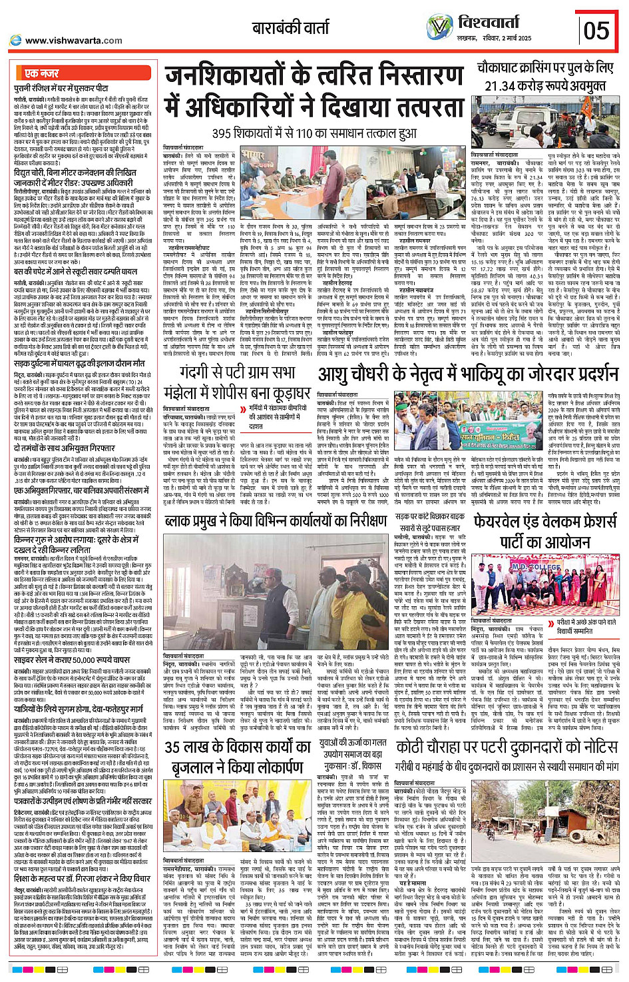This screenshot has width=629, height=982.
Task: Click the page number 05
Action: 596,31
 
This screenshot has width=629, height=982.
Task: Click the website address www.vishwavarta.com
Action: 73,41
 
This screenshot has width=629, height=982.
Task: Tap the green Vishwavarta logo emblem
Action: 439,28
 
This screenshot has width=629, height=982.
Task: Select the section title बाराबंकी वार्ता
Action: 290,28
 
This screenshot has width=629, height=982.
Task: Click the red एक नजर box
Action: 41,73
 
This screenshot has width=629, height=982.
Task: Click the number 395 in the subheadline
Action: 223,134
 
